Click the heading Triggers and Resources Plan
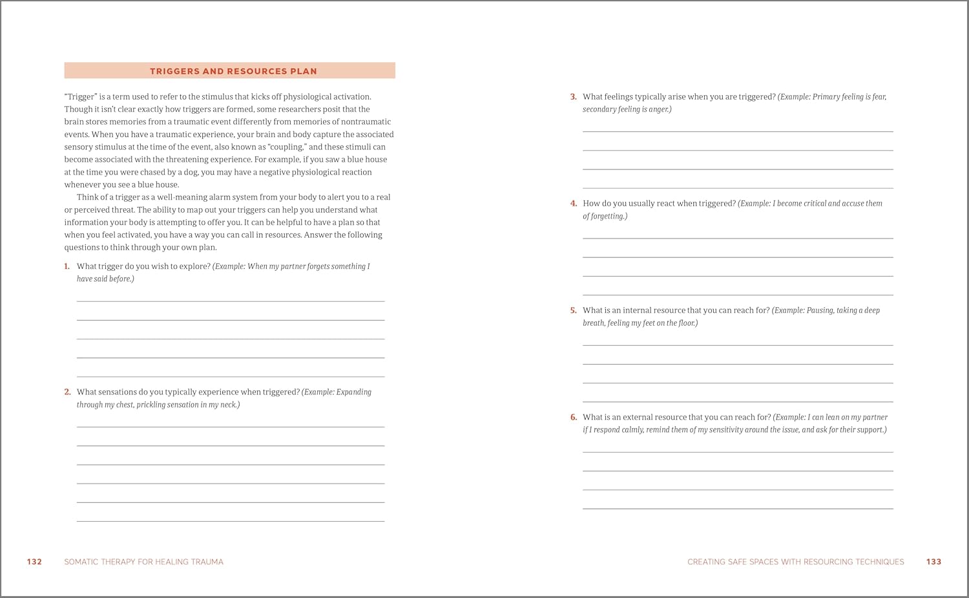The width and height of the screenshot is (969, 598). click(233, 71)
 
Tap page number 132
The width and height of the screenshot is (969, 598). click(34, 562)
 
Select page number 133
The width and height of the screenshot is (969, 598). click(933, 562)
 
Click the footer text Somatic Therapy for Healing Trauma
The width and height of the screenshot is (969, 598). click(143, 562)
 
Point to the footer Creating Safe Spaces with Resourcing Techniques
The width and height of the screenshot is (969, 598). click(795, 562)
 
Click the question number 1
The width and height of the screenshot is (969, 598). click(67, 266)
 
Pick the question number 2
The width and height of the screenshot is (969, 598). click(67, 392)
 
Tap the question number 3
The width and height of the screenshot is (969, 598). click(573, 97)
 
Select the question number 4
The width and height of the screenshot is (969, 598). click(573, 204)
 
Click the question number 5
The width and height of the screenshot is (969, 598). click(573, 310)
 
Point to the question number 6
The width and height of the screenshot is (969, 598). click(573, 418)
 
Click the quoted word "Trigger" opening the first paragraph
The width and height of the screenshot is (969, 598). click(81, 97)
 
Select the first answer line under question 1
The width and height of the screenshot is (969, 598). click(231, 301)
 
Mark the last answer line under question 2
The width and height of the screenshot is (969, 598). click(231, 520)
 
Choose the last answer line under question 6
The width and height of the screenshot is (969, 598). click(738, 508)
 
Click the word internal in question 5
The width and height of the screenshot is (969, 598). click(637, 310)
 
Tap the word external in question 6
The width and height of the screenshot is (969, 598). click(638, 418)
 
